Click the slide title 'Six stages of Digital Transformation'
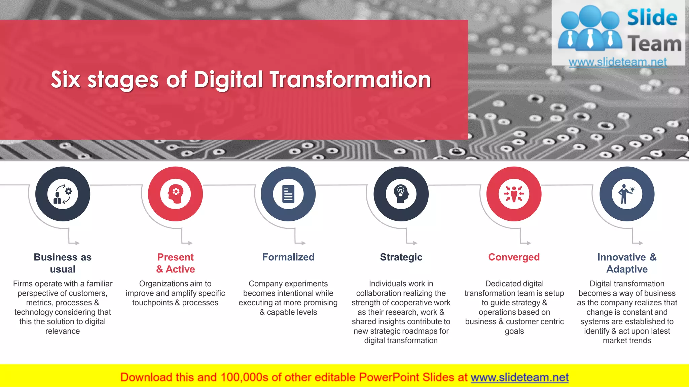(x=241, y=80)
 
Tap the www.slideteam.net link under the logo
(x=618, y=62)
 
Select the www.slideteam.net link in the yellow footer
(x=519, y=377)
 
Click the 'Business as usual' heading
(x=63, y=263)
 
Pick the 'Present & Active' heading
(x=175, y=263)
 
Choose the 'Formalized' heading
(x=288, y=257)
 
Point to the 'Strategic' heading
(x=401, y=257)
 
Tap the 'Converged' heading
(x=514, y=257)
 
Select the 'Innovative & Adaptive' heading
(x=627, y=263)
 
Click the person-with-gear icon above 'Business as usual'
(x=63, y=194)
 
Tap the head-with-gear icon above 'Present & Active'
(x=175, y=194)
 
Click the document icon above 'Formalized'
(x=288, y=194)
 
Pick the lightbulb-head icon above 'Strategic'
(x=401, y=194)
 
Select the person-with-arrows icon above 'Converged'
(x=514, y=194)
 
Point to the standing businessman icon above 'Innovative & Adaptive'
(x=627, y=194)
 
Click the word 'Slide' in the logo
(x=652, y=18)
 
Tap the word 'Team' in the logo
(x=654, y=44)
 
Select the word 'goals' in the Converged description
(x=514, y=331)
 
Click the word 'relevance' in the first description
(x=63, y=331)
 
